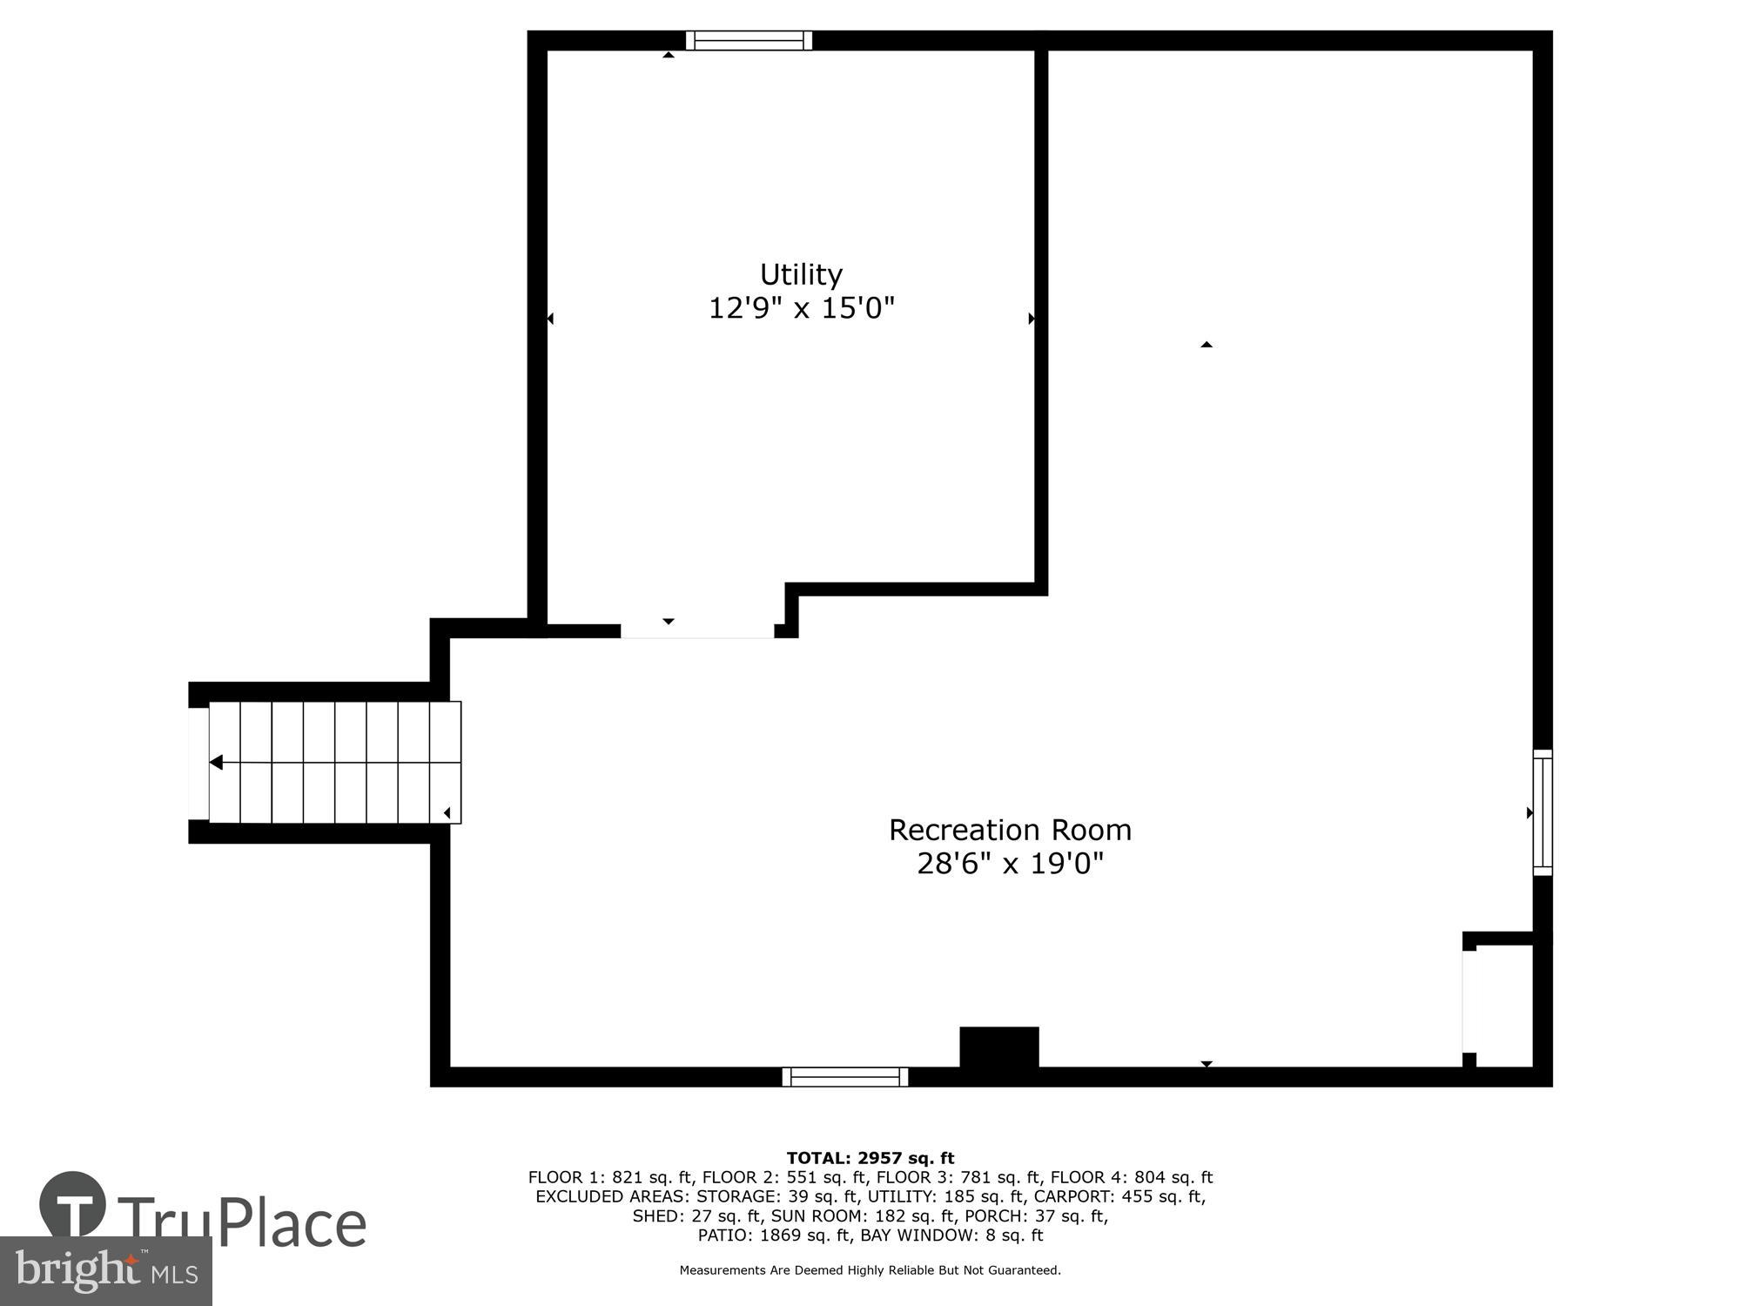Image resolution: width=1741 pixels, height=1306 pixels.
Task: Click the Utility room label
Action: point(801,274)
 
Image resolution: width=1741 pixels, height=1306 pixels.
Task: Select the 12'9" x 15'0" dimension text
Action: point(801,308)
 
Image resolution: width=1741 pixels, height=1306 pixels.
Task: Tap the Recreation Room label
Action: point(1010,830)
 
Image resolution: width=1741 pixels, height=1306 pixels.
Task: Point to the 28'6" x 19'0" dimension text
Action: point(1010,864)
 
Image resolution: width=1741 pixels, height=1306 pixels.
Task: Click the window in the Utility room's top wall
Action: point(749,40)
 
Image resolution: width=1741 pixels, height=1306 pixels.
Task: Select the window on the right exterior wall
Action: point(1542,812)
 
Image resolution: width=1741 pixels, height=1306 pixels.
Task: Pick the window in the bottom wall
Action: point(844,1077)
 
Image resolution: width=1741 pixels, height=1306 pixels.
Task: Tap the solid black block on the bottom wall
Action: point(998,1047)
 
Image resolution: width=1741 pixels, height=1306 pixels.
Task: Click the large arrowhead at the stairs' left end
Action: point(216,763)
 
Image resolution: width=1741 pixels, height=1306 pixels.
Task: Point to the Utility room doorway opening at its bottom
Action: point(696,630)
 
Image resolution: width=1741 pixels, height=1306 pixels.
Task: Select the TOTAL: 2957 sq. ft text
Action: point(870,1158)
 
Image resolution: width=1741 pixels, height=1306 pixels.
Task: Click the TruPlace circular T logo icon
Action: point(73,1205)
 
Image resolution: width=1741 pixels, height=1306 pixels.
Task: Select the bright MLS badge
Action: point(105,1271)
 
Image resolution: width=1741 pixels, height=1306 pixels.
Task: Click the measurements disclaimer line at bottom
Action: point(870,1270)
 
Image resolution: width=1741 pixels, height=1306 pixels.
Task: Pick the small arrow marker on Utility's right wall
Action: point(1032,319)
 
